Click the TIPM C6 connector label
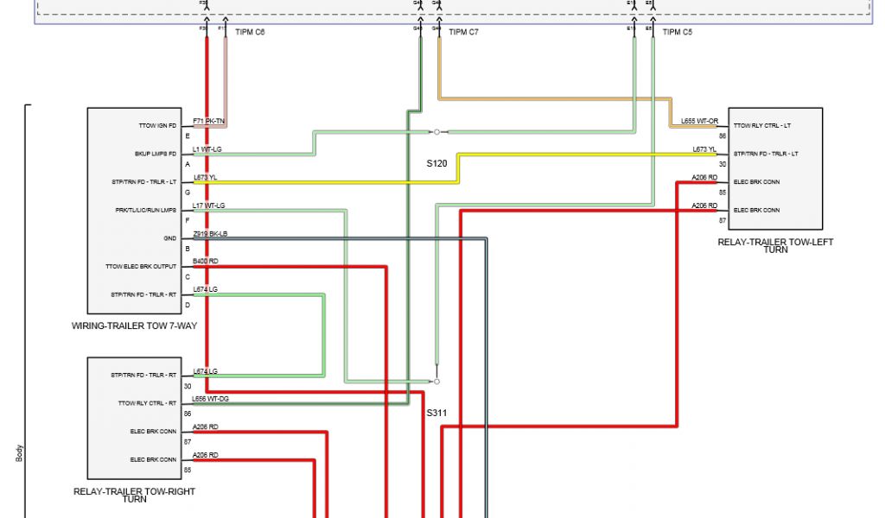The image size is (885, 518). tap(250, 33)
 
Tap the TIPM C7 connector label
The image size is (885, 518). tap(462, 33)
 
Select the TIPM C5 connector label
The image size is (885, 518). tap(677, 33)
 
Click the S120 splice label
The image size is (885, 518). tap(436, 163)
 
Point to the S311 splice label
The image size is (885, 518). tap(436, 413)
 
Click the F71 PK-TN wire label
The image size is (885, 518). tap(209, 121)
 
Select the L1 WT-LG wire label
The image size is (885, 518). tap(207, 149)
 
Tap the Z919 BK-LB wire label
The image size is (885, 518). tap(210, 233)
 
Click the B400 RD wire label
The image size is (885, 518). tap(206, 261)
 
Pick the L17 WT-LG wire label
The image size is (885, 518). tap(209, 205)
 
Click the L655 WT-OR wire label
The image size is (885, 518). tap(699, 121)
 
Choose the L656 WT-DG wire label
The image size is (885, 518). tap(211, 400)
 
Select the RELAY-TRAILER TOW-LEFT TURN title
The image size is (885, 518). tap(775, 245)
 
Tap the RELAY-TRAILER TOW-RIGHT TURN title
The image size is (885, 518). tap(134, 495)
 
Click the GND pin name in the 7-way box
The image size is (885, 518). tap(169, 238)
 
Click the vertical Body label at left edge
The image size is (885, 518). tap(19, 453)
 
